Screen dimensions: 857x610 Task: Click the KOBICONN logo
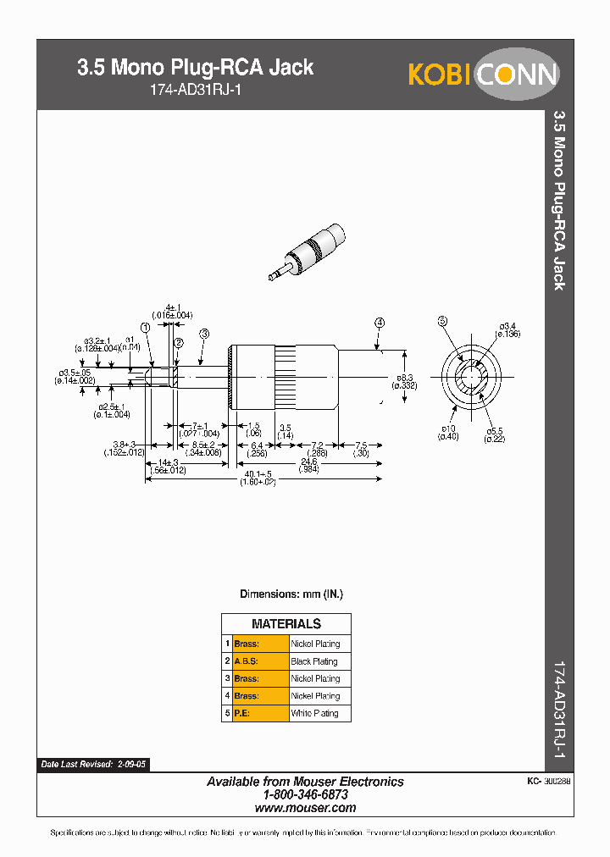[x=483, y=74]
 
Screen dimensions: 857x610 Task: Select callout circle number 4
[x=379, y=323]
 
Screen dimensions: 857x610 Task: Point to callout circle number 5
[x=441, y=320]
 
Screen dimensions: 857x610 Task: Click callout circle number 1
[x=146, y=327]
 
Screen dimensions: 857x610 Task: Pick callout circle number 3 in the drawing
[x=203, y=335]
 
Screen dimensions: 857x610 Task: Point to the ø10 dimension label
[x=447, y=433]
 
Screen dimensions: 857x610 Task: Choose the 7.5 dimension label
[x=360, y=449]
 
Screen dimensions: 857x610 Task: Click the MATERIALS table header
[x=286, y=624]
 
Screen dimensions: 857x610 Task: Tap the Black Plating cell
[x=314, y=661]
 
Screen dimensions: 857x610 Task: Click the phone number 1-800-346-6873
[x=305, y=795]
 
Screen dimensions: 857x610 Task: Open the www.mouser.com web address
[x=305, y=808]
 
